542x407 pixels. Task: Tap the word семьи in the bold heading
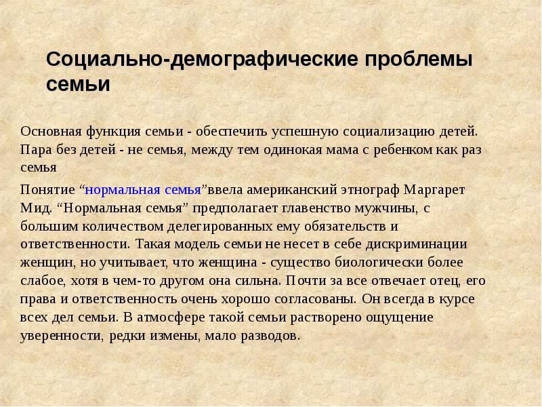pos(78,84)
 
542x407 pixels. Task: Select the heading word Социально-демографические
pos(202,60)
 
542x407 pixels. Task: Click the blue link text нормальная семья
pos(143,190)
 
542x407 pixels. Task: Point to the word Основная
pos(51,132)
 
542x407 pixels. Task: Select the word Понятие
pos(47,190)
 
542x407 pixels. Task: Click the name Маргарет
pos(434,190)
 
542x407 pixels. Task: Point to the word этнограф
pos(370,191)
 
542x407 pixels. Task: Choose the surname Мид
pos(36,208)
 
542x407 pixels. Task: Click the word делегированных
pos(220,227)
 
